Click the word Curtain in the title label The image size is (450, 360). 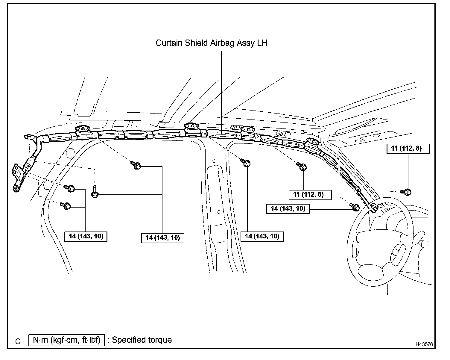tap(168, 43)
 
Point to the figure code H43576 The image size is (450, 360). tap(424, 344)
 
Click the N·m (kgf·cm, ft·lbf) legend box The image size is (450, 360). tap(67, 340)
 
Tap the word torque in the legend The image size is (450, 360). tap(160, 340)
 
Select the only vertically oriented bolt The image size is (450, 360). tap(94, 192)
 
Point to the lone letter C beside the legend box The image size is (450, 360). tap(18, 341)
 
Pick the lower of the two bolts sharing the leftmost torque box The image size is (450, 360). tap(66, 206)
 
